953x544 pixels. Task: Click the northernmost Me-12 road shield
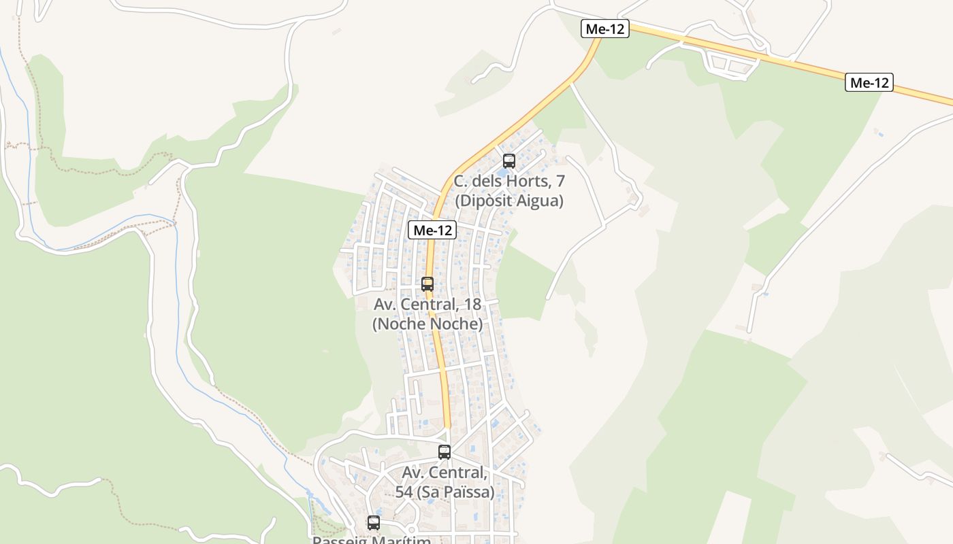(604, 29)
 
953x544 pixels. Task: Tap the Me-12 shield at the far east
(869, 83)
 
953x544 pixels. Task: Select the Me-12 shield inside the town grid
(432, 231)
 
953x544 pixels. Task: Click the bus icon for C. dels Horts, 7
(508, 161)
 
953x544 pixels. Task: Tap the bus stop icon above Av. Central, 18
(427, 284)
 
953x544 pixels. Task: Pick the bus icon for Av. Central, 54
(445, 452)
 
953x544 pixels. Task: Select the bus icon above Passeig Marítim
(374, 523)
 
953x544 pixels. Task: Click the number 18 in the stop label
(469, 304)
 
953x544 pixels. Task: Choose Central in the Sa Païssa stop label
(460, 473)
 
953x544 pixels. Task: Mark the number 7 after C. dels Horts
(560, 182)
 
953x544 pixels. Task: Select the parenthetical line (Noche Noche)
(427, 324)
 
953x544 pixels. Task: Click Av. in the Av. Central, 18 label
(385, 304)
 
